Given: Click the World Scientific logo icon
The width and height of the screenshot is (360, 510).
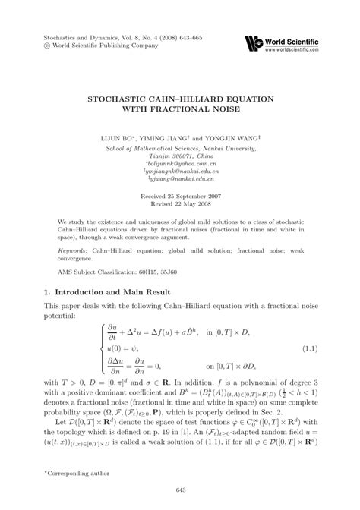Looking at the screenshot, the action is coord(253,42).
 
